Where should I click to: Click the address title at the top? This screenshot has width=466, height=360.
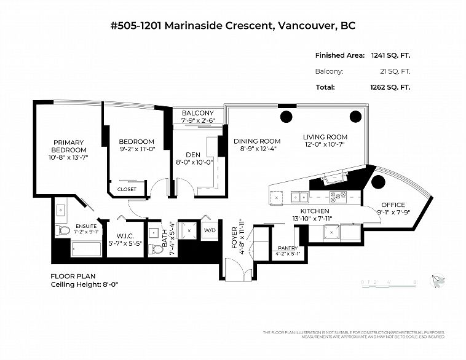pyautogui.click(x=232, y=26)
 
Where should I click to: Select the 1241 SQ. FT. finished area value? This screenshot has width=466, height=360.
pyautogui.click(x=390, y=55)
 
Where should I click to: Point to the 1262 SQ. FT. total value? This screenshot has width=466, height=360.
pyautogui.click(x=390, y=87)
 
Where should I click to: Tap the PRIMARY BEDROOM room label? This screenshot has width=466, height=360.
pyautogui.click(x=68, y=146)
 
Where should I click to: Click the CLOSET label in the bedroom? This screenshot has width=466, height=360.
pyautogui.click(x=126, y=189)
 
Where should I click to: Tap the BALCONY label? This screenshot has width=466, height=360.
pyautogui.click(x=197, y=113)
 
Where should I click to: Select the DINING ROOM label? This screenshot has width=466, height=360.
pyautogui.click(x=257, y=141)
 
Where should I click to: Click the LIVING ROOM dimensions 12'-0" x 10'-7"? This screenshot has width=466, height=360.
pyautogui.click(x=325, y=145)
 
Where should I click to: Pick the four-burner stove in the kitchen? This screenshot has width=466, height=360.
pyautogui.click(x=338, y=197)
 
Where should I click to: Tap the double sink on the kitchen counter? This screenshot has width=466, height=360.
pyautogui.click(x=300, y=197)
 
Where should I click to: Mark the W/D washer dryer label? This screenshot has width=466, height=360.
pyautogui.click(x=209, y=231)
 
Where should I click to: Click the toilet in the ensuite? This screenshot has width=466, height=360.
pyautogui.click(x=63, y=230)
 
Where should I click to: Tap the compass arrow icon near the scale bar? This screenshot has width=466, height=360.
pyautogui.click(x=438, y=280)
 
